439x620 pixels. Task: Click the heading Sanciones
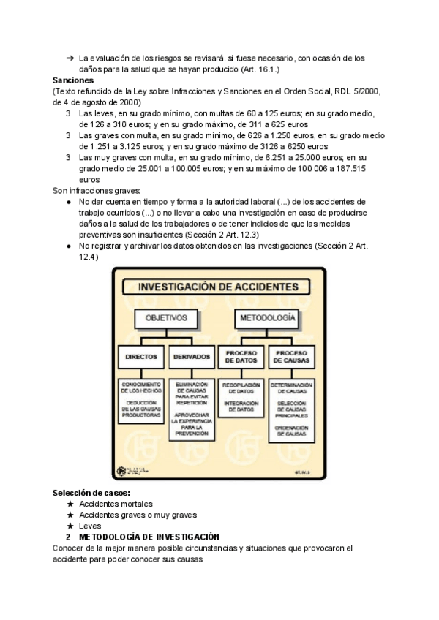coord(74,80)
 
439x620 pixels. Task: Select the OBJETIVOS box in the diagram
coord(166,320)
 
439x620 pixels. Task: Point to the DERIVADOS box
coord(191,358)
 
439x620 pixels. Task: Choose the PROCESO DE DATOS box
coord(240,357)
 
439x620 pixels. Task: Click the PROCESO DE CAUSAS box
coord(291,357)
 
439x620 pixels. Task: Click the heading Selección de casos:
coord(91,494)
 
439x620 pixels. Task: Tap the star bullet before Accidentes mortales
coord(70,505)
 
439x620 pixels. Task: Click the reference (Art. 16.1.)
coord(260,69)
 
